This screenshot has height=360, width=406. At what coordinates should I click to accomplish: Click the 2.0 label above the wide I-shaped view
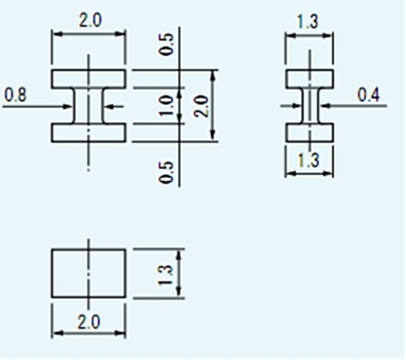[90, 20]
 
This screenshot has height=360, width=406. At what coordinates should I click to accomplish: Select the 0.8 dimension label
[15, 95]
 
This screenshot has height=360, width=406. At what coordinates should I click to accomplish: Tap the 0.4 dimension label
[369, 95]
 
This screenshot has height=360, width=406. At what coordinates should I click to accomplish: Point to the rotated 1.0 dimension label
[166, 106]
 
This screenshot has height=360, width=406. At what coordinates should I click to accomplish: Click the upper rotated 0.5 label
[166, 44]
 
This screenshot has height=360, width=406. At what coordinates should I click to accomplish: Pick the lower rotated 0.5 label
[166, 172]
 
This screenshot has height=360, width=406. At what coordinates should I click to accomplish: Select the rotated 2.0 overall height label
[201, 106]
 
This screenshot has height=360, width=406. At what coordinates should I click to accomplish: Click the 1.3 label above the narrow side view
[308, 22]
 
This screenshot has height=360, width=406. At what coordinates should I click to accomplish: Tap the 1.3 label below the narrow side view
[309, 160]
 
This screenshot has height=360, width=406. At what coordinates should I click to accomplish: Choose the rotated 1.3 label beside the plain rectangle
[165, 275]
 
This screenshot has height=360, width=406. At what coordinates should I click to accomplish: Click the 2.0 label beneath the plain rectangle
[89, 322]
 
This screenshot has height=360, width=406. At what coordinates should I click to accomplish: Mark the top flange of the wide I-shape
[89, 79]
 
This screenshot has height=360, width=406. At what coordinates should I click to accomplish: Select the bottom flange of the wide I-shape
[89, 132]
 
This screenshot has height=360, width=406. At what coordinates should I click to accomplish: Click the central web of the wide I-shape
[89, 106]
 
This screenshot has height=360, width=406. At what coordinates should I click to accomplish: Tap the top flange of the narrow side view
[309, 79]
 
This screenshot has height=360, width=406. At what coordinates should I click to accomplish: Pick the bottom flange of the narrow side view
[309, 132]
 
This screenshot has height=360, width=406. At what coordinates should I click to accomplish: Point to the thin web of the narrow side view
[310, 106]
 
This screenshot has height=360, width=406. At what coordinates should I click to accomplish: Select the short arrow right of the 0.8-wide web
[114, 106]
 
